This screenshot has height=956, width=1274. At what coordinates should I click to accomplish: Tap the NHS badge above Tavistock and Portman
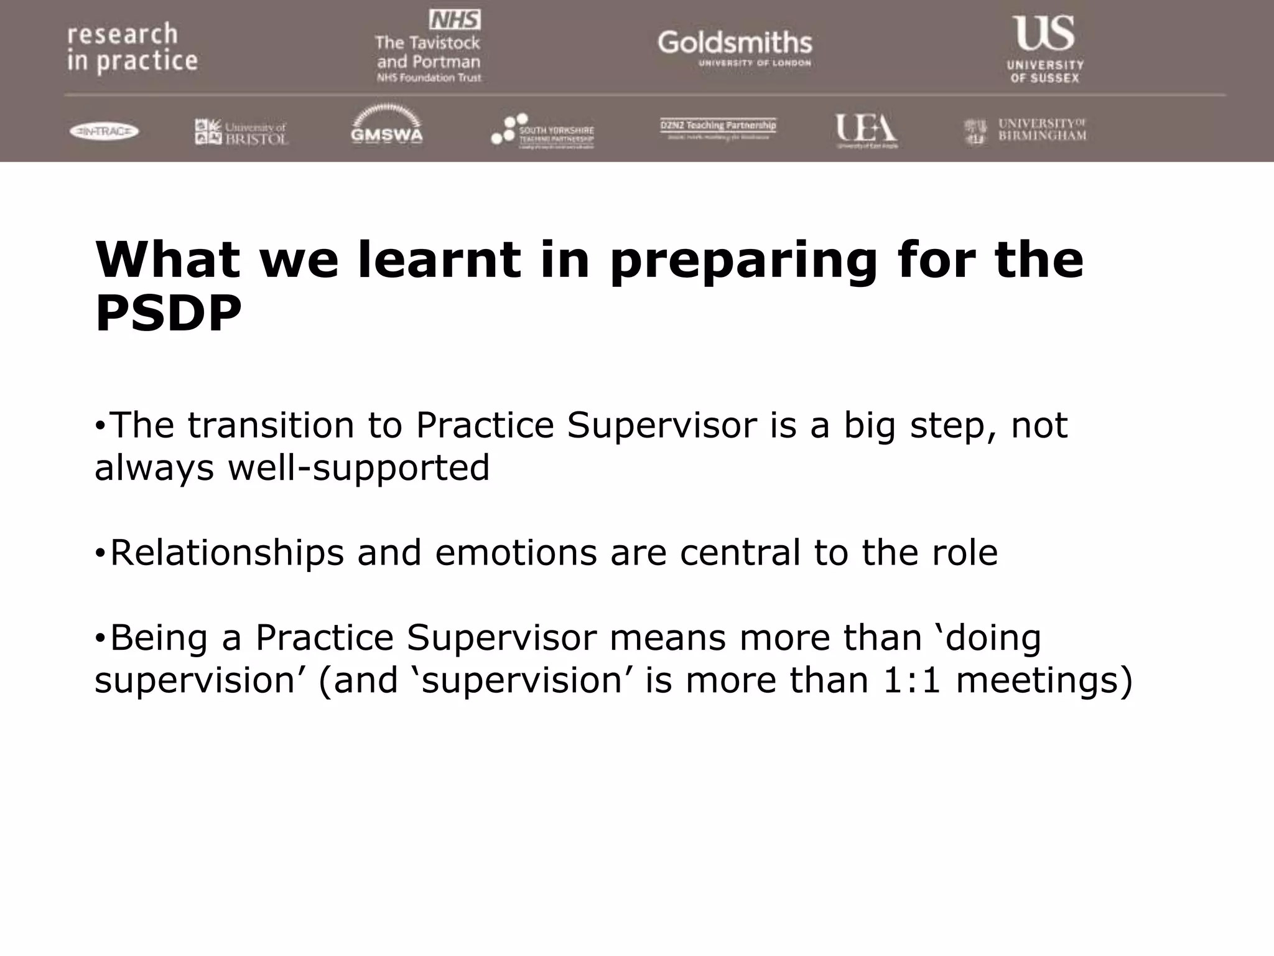point(455,21)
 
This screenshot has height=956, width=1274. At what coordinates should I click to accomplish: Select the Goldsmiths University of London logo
point(735,47)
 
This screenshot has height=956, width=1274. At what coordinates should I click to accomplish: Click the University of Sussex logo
point(1045,49)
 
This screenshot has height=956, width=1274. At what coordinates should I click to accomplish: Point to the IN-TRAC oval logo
point(104,131)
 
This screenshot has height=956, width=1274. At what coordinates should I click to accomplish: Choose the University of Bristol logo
point(241,132)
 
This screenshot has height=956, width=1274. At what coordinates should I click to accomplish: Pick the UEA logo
point(866,130)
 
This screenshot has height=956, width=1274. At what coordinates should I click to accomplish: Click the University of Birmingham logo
point(1025,131)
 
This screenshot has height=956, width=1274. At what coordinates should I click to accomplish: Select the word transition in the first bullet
point(271,426)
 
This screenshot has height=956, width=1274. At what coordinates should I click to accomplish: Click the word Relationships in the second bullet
point(226,553)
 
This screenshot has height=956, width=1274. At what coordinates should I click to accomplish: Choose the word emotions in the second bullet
point(516,553)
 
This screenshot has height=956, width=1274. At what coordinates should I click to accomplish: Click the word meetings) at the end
point(1044,680)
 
